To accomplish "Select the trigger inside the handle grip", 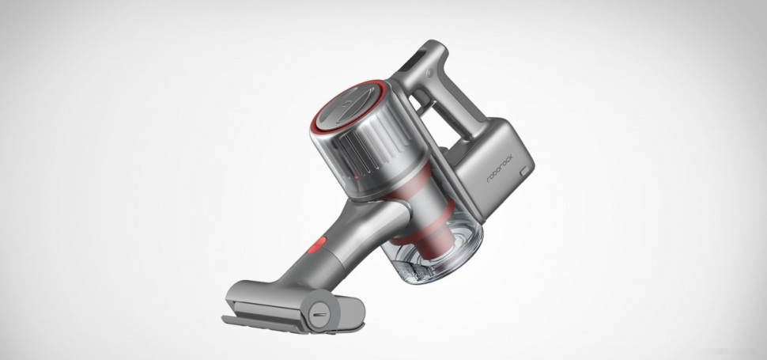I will click(x=431, y=119).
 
